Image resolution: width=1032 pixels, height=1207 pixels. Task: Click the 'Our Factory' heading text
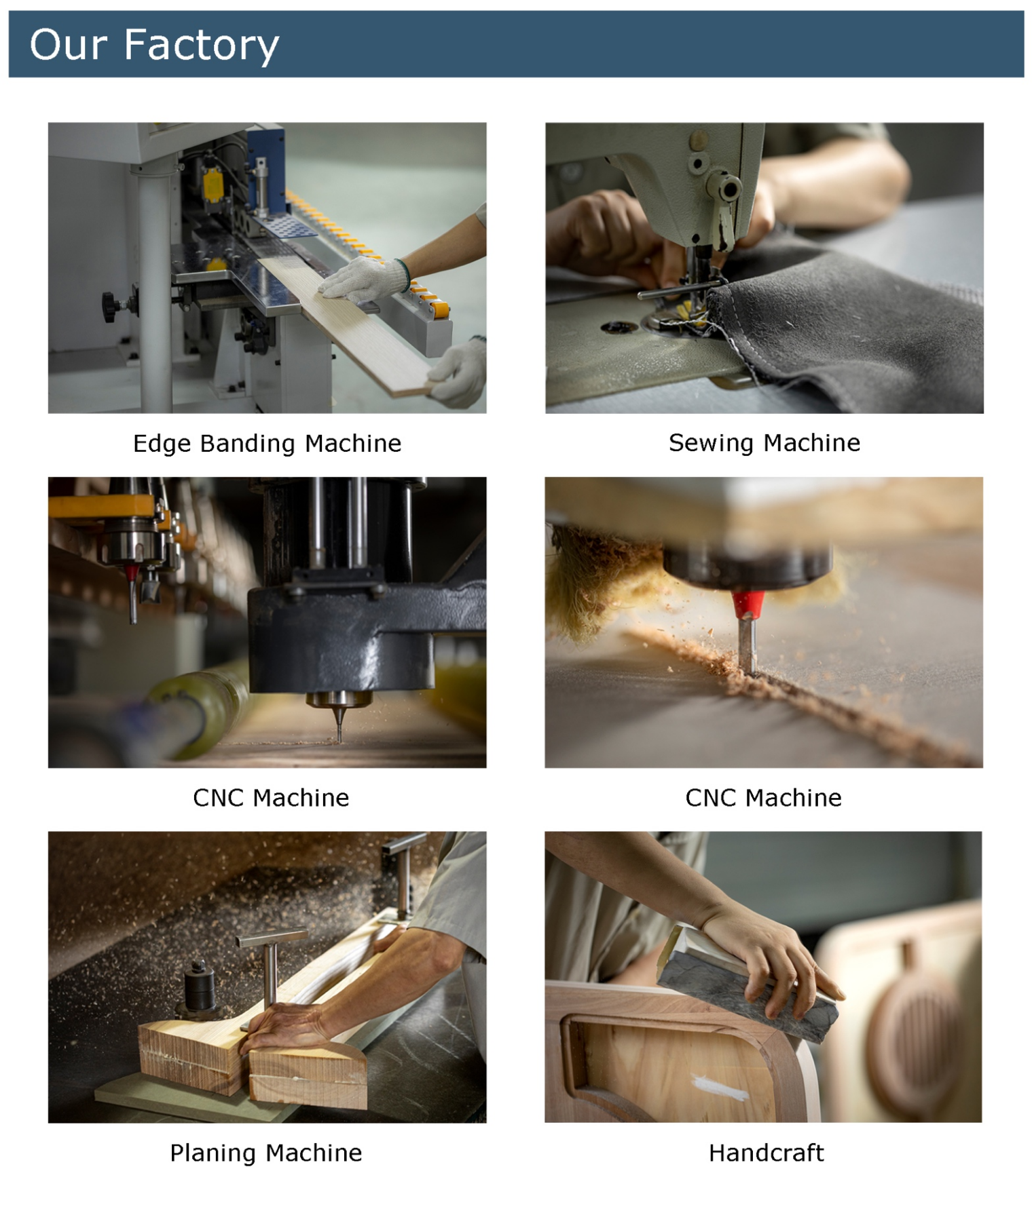tap(154, 45)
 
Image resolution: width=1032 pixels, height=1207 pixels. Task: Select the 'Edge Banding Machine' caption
tap(267, 444)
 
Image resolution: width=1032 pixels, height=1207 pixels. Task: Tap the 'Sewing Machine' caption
tap(764, 443)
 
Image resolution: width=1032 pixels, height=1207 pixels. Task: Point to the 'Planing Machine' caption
tap(265, 1153)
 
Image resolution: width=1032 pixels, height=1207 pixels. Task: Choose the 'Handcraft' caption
tap(766, 1153)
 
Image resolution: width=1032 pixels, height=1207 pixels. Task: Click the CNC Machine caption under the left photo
tap(271, 798)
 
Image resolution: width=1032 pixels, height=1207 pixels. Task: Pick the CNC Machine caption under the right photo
tap(763, 798)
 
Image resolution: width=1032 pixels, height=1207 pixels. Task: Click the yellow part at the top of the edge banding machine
tap(213, 184)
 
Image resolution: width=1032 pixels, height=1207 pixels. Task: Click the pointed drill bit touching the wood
tap(339, 723)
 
